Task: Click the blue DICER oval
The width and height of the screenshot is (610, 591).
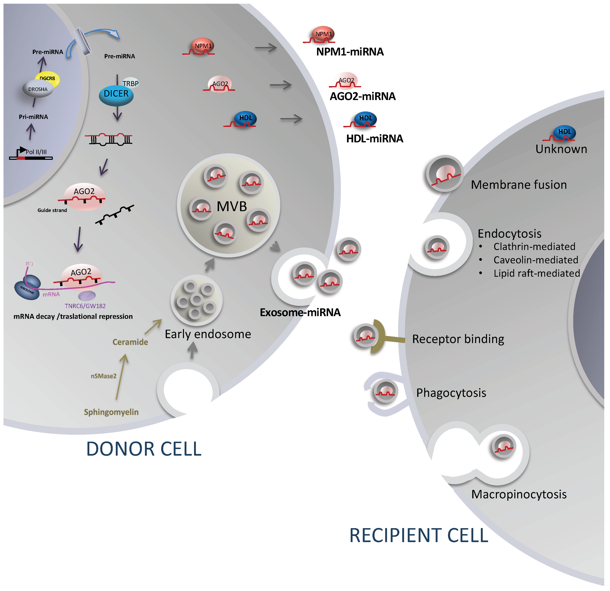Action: [x=116, y=95]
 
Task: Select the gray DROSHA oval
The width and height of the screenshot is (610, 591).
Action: [x=38, y=89]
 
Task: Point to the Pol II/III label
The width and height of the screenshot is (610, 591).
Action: [x=36, y=152]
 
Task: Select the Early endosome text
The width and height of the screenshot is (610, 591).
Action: [x=208, y=334]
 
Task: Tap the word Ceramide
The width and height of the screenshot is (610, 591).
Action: [x=130, y=342]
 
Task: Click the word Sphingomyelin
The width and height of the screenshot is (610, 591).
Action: [x=111, y=412]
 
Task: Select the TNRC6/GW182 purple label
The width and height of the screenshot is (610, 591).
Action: [x=85, y=306]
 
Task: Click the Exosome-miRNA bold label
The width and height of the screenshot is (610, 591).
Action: [x=300, y=312]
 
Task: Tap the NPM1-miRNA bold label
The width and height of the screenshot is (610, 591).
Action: [x=350, y=52]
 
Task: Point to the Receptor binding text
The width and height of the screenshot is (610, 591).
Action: [x=458, y=339]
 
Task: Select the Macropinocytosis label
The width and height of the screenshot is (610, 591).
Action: [x=519, y=494]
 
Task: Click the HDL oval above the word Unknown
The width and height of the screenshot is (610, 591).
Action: [x=565, y=132]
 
